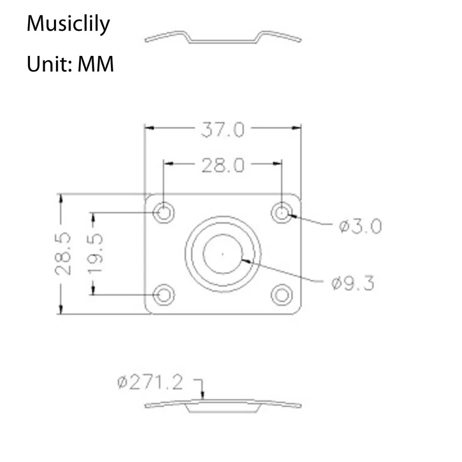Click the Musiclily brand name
68,24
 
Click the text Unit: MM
70,65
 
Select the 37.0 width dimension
222,130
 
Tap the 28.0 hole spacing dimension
222,165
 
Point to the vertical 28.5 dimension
63,254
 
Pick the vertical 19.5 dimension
96,254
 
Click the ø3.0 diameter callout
360,226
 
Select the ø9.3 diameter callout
352,283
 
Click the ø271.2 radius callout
150,383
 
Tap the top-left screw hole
164,213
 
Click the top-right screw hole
282,213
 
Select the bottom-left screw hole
164,295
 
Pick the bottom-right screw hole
282,295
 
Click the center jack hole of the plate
223,254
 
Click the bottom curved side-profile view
223,406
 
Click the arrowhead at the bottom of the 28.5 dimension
60,310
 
